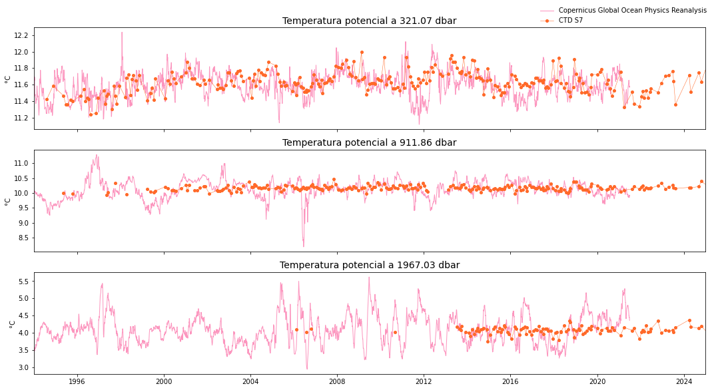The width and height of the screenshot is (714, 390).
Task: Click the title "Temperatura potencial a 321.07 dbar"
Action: (x=369, y=21)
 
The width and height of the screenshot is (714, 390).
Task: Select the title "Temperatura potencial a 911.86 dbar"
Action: (x=369, y=142)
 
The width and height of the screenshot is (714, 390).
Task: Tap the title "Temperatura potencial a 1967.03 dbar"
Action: (x=369, y=265)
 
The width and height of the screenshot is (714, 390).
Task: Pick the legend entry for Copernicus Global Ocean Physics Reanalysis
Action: (x=632, y=11)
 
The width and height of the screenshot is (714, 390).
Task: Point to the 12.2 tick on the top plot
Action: (x=22, y=35)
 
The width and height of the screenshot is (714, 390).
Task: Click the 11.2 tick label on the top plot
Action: (x=22, y=118)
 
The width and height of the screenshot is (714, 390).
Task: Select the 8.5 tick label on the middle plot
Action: (x=23, y=238)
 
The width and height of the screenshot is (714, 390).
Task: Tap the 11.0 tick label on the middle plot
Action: (x=22, y=163)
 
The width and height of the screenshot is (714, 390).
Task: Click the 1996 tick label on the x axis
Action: (x=77, y=381)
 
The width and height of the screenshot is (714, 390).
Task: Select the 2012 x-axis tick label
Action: (x=424, y=381)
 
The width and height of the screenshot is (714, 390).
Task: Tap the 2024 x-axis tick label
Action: (x=684, y=381)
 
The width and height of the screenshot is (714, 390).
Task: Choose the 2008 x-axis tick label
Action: (x=337, y=381)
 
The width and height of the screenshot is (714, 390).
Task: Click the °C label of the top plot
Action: (x=8, y=79)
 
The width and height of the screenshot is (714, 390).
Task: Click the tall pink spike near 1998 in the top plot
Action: (x=122, y=33)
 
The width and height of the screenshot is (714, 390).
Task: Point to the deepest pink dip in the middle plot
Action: (x=304, y=246)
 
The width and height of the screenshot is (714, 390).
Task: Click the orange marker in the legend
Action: (x=547, y=21)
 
